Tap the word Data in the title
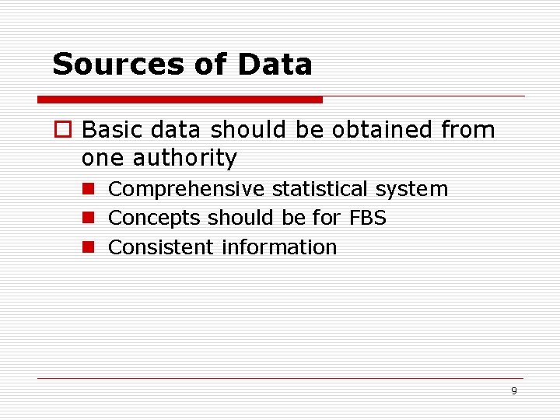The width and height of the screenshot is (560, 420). pyautogui.click(x=275, y=65)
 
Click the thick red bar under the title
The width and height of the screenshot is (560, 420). pyautogui.click(x=180, y=100)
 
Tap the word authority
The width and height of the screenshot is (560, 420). pyautogui.click(x=184, y=158)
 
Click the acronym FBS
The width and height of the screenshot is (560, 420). pyautogui.click(x=368, y=219)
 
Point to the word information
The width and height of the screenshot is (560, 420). pyautogui.click(x=279, y=247)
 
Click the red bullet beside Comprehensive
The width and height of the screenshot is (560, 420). pyautogui.click(x=89, y=189)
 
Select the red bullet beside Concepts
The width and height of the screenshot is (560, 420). pyautogui.click(x=89, y=219)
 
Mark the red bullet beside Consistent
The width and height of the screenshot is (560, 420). pyautogui.click(x=89, y=247)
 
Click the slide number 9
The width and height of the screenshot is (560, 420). pyautogui.click(x=513, y=391)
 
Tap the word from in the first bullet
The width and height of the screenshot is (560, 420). pyautogui.click(x=467, y=129)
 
